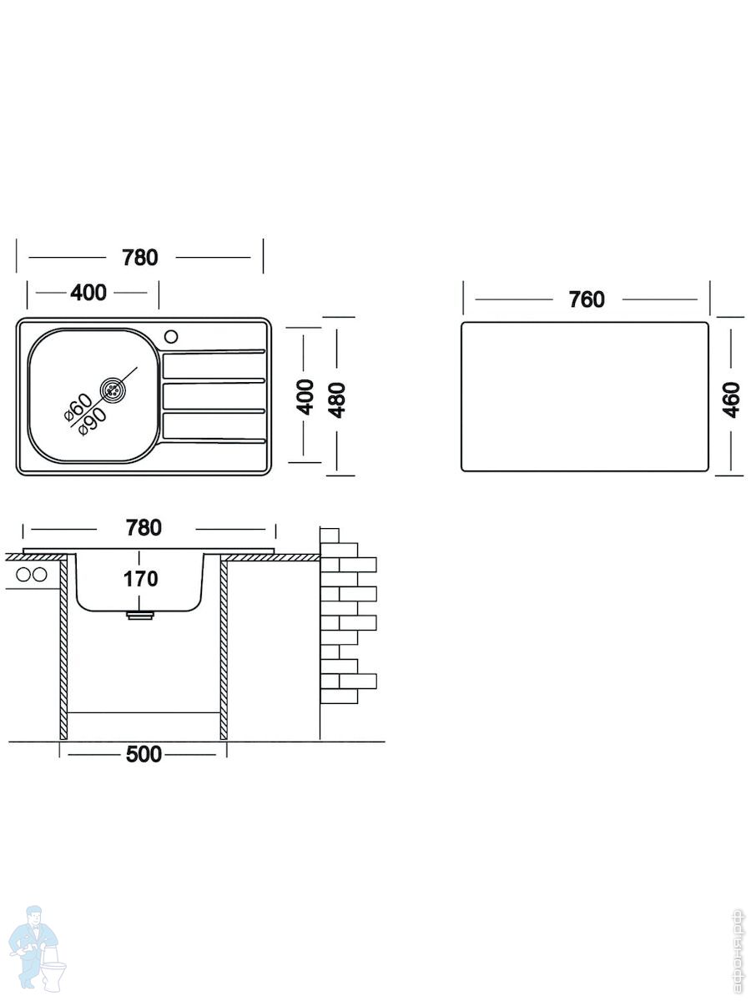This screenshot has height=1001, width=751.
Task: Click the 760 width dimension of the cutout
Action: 587,299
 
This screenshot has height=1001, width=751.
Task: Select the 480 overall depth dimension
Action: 337,400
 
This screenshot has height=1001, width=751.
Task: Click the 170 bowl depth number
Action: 140,579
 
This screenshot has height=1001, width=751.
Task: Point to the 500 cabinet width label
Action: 144,754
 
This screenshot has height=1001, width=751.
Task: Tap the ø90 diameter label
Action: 93,421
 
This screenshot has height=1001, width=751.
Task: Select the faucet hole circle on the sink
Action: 171,337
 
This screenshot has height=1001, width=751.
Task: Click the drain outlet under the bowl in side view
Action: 140,615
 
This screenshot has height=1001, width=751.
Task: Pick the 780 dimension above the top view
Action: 140,257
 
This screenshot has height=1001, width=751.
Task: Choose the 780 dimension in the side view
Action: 144,528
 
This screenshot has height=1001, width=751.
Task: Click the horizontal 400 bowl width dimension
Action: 88,292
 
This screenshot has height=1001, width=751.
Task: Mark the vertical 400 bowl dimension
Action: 305,397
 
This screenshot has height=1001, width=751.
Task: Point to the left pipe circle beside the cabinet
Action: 23,575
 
